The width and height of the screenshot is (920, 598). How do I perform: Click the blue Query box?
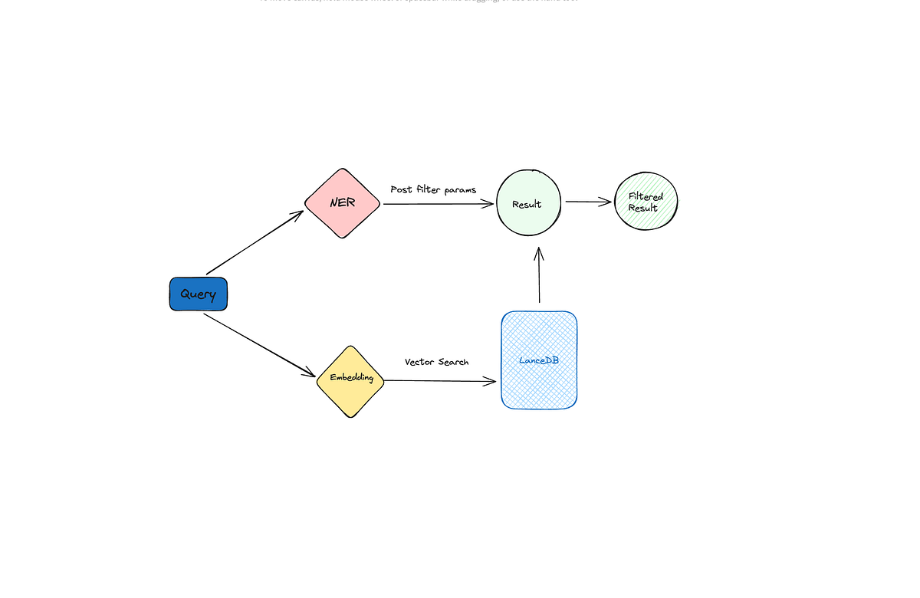[x=198, y=294]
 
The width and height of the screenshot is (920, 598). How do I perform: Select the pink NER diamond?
[x=342, y=203]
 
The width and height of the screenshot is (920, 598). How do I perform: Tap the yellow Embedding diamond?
[x=350, y=381]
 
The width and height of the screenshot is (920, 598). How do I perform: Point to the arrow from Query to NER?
[x=255, y=242]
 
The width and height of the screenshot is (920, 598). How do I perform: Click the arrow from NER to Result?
[x=437, y=204]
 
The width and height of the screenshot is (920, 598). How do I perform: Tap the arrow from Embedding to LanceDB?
[x=437, y=381]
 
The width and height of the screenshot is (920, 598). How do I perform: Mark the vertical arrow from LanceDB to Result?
[x=539, y=276]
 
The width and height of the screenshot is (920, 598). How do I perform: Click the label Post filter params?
[x=433, y=189]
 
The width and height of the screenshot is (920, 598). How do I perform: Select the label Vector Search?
[x=436, y=362]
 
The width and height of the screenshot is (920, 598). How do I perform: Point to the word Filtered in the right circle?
[x=646, y=197]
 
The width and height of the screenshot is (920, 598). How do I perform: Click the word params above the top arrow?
[x=460, y=190]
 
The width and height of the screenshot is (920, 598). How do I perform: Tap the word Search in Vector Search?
[x=453, y=362]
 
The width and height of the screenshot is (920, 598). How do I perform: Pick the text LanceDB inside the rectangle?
[x=539, y=360]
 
